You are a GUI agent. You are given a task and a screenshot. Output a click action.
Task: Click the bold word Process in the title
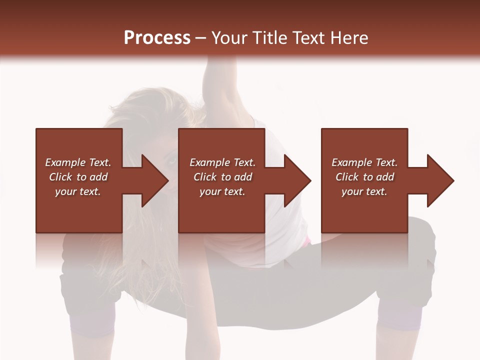coord(157,38)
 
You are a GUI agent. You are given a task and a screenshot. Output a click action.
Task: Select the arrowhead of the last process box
coord(438,180)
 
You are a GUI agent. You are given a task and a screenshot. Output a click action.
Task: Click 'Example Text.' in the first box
coord(78,162)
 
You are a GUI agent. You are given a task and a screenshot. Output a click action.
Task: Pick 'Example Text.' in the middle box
coord(222,162)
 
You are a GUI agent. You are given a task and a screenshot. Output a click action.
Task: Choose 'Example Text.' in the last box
coord(364,162)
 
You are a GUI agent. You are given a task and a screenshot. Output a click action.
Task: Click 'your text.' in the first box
coord(78,191)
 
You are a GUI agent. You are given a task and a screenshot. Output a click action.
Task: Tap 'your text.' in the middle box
coord(222,191)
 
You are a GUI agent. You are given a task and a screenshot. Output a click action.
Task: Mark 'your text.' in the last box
coord(364,191)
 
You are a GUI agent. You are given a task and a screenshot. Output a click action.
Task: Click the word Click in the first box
coord(60,177)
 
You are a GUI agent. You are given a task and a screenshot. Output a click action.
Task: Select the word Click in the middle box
coord(205,177)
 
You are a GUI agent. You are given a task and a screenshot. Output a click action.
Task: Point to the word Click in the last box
coord(347,177)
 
